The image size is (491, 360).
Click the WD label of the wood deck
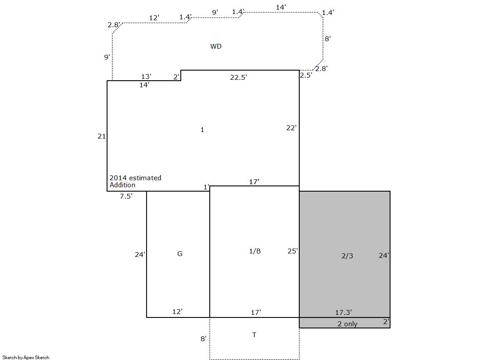pyautogui.click(x=216, y=46)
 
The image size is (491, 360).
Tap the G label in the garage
pyautogui.click(x=180, y=253)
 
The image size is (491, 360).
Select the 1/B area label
pyautogui.click(x=255, y=251)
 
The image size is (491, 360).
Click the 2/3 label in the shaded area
pyautogui.click(x=347, y=256)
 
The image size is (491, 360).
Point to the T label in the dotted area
pyautogui.click(x=254, y=335)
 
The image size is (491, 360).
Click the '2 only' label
pyautogui.click(x=347, y=324)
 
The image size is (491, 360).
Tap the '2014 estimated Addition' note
pyautogui.click(x=135, y=181)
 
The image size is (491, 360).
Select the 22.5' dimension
pyautogui.click(x=238, y=77)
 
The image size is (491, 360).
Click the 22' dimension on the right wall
pyautogui.click(x=291, y=128)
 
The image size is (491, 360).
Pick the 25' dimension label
pyautogui.click(x=293, y=251)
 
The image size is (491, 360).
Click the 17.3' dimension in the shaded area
pyautogui.click(x=344, y=312)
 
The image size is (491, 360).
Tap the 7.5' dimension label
pyautogui.click(x=126, y=196)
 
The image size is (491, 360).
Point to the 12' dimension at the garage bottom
pyautogui.click(x=177, y=311)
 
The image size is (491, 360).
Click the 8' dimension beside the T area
pyautogui.click(x=204, y=339)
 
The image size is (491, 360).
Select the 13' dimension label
pyautogui.click(x=146, y=76)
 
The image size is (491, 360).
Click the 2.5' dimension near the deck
pyautogui.click(x=306, y=75)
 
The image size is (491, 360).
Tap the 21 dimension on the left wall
pyautogui.click(x=101, y=136)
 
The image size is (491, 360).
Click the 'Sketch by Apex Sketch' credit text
pyautogui.click(x=26, y=357)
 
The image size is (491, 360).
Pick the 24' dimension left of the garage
pyautogui.click(x=140, y=254)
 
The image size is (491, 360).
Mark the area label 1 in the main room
pyautogui.click(x=202, y=130)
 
